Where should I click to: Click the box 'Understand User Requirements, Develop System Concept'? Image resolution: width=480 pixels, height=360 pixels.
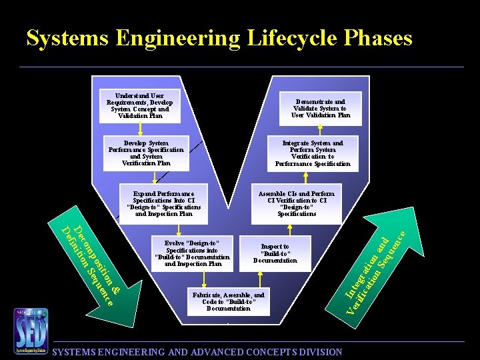pos(139,106)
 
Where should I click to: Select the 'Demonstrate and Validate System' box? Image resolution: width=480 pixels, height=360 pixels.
pos(321,109)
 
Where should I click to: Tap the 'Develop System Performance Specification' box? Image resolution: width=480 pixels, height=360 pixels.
pos(146,153)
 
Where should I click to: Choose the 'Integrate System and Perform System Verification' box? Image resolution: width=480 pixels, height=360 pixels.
pos(313,153)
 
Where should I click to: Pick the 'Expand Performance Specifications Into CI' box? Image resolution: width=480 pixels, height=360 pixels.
pos(163,204)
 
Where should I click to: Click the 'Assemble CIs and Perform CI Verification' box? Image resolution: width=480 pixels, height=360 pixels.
pos(297,204)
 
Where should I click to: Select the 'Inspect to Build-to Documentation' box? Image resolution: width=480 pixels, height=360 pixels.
pos(275,253)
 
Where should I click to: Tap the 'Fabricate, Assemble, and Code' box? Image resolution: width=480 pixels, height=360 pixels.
pos(228,302)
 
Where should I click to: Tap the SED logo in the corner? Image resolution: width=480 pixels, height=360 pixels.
pos(31,331)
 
